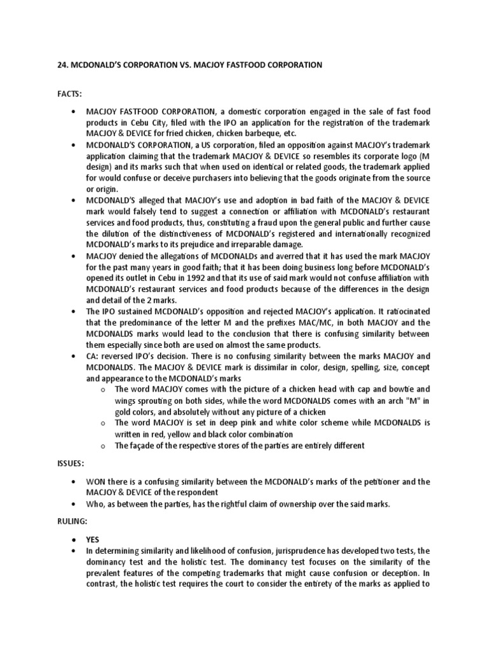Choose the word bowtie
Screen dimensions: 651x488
click(386, 388)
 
